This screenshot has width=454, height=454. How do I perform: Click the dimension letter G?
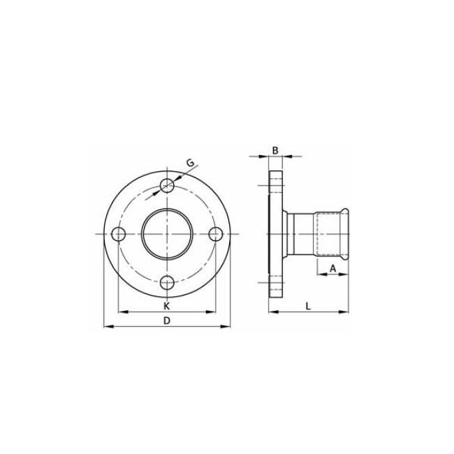[x=189, y=163]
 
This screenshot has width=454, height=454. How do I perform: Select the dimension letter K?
[x=166, y=306]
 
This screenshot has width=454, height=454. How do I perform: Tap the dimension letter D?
[x=166, y=321]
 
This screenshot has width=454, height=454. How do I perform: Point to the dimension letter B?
[x=275, y=150]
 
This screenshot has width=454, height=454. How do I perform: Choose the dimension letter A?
[x=333, y=268]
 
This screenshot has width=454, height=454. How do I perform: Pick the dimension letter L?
[x=308, y=305]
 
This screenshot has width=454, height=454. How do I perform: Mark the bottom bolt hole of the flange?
[x=167, y=281]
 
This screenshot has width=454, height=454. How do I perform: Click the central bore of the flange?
[x=167, y=233]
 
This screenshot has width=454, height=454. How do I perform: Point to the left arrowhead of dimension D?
[x=107, y=326]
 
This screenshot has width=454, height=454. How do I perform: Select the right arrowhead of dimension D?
[x=227, y=326]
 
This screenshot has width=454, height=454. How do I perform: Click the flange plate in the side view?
[x=275, y=233]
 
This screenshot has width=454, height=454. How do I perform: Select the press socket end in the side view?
[x=335, y=233]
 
